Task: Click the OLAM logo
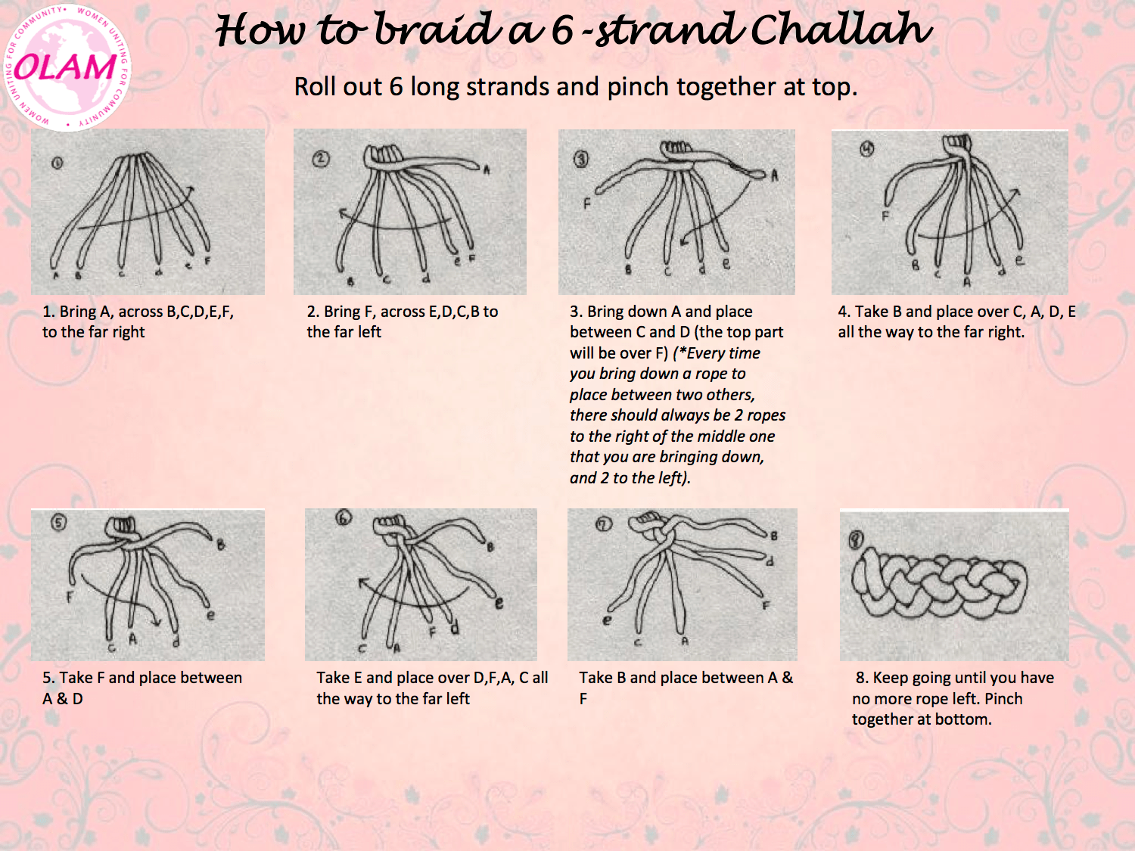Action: tap(67, 67)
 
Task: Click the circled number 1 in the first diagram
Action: tap(58, 163)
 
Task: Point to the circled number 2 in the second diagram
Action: tap(322, 159)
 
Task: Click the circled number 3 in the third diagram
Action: tap(581, 159)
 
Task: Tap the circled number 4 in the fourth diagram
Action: tap(866, 149)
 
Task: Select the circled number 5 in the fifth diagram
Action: tap(58, 523)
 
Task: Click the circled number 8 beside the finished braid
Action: tap(856, 539)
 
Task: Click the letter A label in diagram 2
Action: tap(487, 170)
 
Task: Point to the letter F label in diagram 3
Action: tap(586, 204)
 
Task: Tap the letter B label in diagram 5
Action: tap(221, 545)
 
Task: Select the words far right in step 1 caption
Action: tap(116, 332)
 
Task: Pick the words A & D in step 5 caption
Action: tap(63, 699)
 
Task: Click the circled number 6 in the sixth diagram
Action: tap(344, 518)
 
